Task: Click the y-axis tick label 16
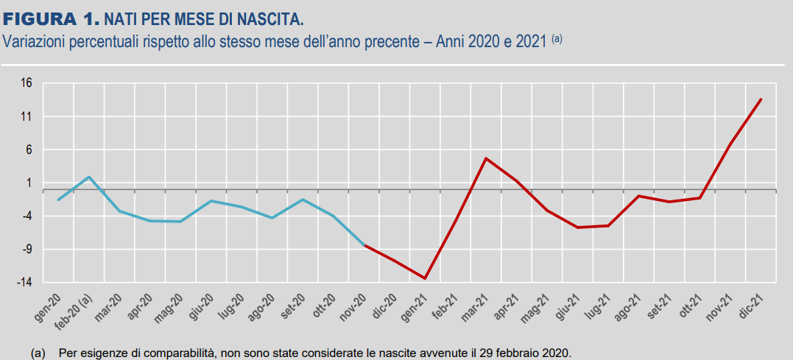[27, 83]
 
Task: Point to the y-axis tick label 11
[27, 116]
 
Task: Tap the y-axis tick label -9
[26, 250]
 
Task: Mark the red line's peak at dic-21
[761, 99]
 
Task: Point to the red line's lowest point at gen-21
[425, 278]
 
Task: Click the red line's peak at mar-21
[486, 158]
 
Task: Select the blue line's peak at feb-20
[89, 177]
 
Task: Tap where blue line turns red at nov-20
[364, 244]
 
